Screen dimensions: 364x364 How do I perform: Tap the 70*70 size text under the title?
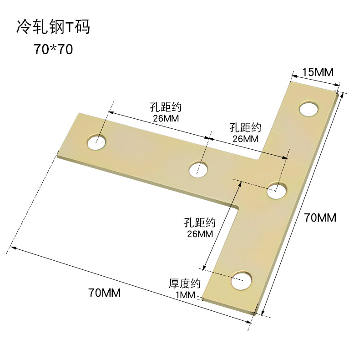53,49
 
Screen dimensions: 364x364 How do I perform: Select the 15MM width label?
318,72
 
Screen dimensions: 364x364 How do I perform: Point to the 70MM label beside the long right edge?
320,218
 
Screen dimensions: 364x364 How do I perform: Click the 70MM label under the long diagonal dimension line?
105,293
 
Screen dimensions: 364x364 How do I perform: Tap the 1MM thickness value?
185,295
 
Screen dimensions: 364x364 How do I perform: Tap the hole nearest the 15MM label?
309,109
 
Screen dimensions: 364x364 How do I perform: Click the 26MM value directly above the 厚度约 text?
200,234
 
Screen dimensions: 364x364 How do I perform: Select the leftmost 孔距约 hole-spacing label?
166,108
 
